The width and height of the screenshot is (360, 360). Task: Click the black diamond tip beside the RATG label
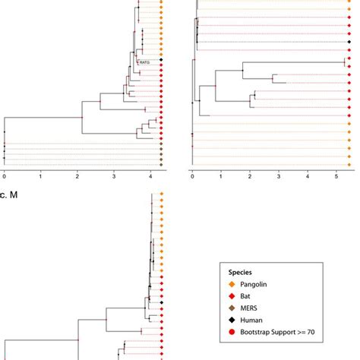(x=162, y=59)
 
